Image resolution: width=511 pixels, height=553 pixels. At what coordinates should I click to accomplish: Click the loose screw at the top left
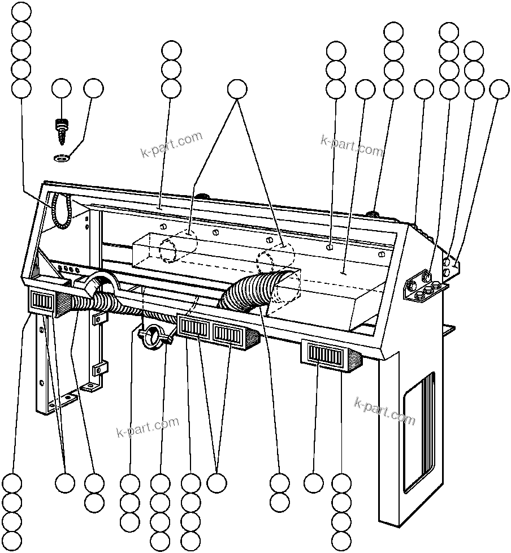61,129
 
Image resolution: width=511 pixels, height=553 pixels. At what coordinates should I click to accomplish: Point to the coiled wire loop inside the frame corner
60,210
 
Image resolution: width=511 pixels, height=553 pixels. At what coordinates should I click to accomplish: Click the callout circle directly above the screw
61,88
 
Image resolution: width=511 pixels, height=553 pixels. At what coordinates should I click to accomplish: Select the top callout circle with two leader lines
237,88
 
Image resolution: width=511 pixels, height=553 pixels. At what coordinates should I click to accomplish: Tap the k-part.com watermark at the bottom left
147,427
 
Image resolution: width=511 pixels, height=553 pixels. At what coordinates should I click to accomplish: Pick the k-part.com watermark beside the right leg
384,411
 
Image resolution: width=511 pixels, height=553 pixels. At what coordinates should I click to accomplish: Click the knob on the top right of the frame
373,214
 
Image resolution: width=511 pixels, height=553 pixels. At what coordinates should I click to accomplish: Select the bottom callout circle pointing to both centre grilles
216,483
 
